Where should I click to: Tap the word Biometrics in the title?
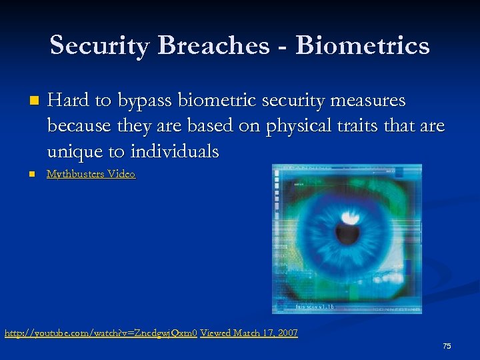363,45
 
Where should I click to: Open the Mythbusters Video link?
91,174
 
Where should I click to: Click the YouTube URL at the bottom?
101,332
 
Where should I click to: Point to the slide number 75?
447,346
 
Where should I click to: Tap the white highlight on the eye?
349,217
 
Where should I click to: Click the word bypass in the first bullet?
140,101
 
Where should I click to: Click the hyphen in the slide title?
282,47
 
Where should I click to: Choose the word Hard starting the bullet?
69,101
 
